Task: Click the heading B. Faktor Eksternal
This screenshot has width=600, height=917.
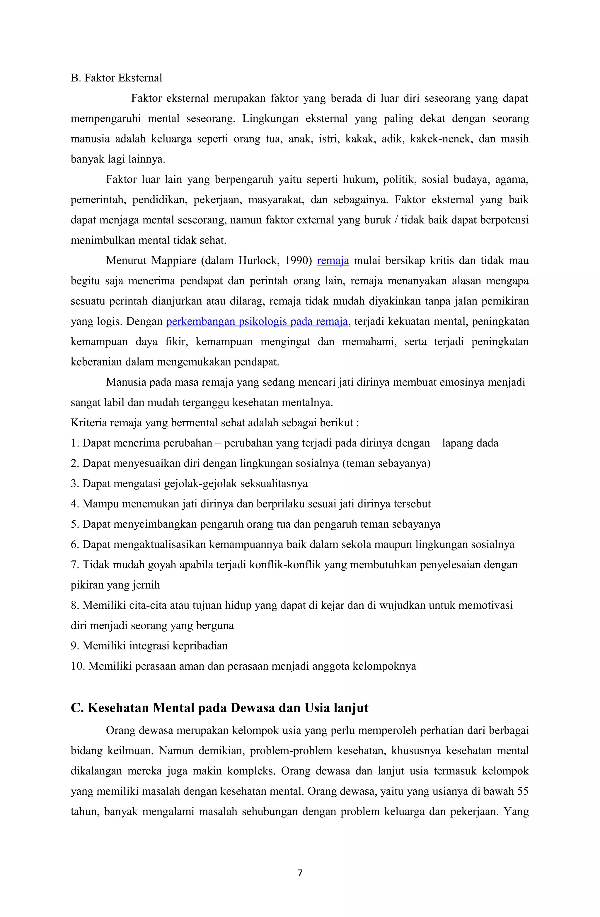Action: pos(116,78)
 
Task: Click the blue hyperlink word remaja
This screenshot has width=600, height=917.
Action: pos(333,261)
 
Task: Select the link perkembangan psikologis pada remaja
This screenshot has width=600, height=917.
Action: pos(257,322)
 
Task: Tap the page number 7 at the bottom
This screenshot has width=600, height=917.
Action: pos(300,873)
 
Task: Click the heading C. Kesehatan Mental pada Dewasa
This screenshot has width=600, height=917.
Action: pos(219,708)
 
